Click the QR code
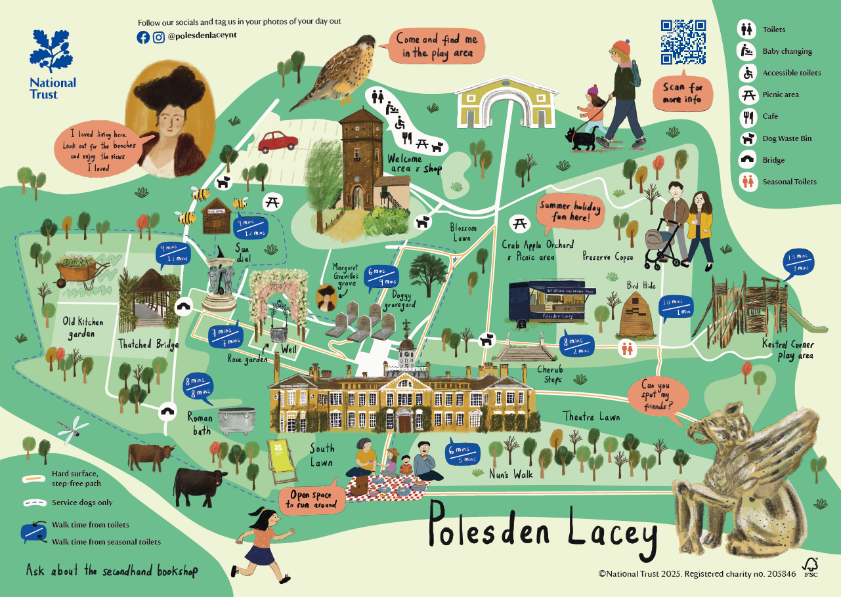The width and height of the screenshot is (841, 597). pos(683,42)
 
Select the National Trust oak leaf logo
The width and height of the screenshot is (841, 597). pos(53,52)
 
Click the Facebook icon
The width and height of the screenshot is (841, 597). pos(143,37)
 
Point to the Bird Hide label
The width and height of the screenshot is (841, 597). pos(641,285)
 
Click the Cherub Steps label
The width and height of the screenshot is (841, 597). pos(551,374)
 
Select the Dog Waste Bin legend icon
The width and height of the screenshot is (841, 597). pos(746,138)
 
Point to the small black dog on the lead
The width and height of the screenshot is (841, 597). pos(579,138)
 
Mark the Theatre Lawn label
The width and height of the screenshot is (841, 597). pos(591,416)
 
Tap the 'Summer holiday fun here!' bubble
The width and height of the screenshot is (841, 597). pos(570,211)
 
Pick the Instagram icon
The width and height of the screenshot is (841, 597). pos(158,37)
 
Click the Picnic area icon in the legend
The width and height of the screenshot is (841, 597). pos(746,94)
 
